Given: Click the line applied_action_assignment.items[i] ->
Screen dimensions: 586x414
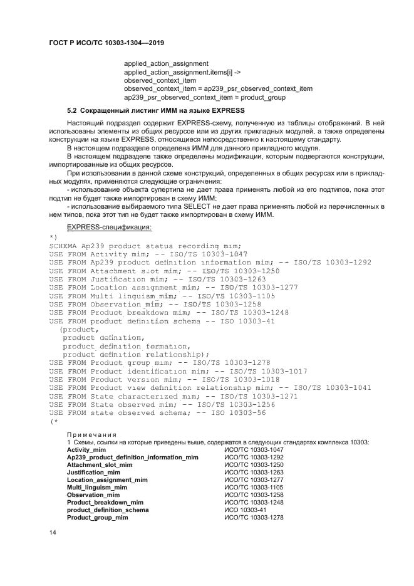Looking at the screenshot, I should [x=170, y=72].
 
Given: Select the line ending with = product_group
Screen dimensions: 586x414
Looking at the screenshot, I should [x=205, y=97].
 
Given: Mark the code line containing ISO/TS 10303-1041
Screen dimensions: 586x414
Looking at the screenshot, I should [x=200, y=388].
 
